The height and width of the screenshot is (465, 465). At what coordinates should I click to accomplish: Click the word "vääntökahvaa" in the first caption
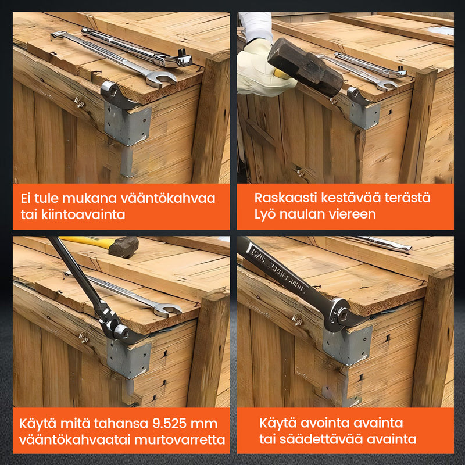[x=168, y=198]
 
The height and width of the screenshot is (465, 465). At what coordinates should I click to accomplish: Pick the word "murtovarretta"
[x=180, y=440]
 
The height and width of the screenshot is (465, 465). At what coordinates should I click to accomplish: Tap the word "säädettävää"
[x=321, y=439]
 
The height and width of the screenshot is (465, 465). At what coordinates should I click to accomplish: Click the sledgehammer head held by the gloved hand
[x=306, y=67]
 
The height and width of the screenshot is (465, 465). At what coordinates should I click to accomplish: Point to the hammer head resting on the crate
[x=124, y=246]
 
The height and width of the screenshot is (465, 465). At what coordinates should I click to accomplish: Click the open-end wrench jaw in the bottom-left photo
[x=167, y=310]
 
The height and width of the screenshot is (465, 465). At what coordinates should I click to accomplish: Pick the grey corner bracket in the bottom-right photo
[x=347, y=345]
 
